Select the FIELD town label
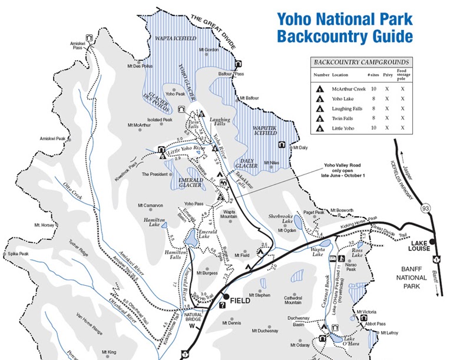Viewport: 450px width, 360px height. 240,300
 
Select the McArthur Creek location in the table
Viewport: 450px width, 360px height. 349,89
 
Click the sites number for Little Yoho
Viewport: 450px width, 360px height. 373,127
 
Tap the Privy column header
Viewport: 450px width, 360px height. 388,75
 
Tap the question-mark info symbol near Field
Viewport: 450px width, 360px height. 221,305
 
